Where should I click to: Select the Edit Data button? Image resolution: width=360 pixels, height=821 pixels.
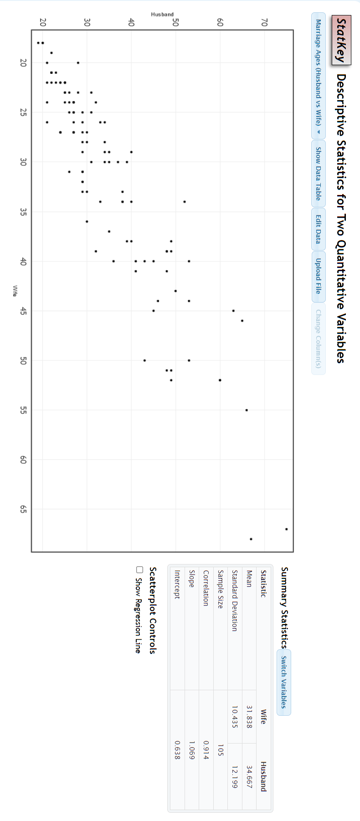click(x=318, y=229)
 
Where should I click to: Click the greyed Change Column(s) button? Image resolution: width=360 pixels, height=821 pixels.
click(x=318, y=339)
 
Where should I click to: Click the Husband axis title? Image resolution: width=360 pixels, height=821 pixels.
click(x=162, y=15)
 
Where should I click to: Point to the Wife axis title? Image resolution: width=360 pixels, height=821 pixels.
click(x=15, y=291)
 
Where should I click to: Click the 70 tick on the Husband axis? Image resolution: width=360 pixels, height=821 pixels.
click(x=264, y=22)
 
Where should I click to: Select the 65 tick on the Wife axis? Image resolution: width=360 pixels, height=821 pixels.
click(x=23, y=509)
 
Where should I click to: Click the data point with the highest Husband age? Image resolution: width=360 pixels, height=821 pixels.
click(x=286, y=529)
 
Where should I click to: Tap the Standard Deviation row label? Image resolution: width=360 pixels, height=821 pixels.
click(x=234, y=600)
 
